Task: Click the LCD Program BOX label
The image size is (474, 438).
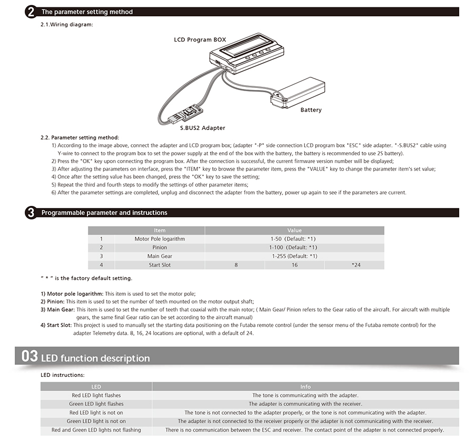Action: click(x=200, y=39)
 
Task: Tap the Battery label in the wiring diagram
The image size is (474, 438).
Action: click(x=311, y=110)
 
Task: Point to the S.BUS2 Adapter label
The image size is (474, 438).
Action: click(x=203, y=127)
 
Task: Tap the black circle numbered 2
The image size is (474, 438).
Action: click(x=31, y=12)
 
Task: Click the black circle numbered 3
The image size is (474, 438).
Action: click(x=31, y=213)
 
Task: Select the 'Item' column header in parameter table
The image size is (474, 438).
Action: click(x=160, y=230)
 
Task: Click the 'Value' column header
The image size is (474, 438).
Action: click(x=294, y=230)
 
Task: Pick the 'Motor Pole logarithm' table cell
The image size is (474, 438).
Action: click(x=160, y=239)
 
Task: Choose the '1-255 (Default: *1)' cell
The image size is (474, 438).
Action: click(x=294, y=256)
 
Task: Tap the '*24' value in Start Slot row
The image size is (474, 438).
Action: click(x=356, y=265)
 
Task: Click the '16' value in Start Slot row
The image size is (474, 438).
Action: click(x=294, y=265)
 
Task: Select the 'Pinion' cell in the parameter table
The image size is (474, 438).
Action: click(x=160, y=247)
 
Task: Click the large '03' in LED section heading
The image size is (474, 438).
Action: click(x=29, y=356)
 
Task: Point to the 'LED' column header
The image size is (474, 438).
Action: click(x=96, y=386)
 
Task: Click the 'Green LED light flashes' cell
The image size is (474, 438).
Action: click(x=96, y=404)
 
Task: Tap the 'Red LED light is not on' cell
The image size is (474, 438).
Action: click(x=96, y=413)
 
